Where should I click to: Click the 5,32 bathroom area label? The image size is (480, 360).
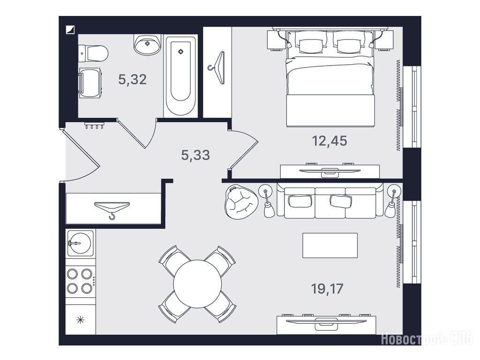(x=133, y=80)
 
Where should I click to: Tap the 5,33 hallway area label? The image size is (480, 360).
(x=195, y=155)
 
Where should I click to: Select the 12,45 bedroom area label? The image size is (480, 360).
(x=330, y=141)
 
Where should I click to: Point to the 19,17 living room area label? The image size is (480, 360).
(x=327, y=289)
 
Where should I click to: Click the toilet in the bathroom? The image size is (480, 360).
(x=93, y=53)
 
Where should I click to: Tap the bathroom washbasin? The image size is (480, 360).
(x=147, y=45)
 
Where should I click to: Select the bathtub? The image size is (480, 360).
(x=180, y=76)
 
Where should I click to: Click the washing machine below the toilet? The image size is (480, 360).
(x=90, y=83)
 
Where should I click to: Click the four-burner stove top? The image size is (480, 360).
(x=81, y=281)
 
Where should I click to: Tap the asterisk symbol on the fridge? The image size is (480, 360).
(x=81, y=320)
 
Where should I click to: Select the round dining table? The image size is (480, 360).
(x=197, y=284)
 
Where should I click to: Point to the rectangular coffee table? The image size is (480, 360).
(x=330, y=246)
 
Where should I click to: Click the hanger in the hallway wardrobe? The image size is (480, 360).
(x=112, y=210)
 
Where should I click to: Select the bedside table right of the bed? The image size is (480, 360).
(x=384, y=40)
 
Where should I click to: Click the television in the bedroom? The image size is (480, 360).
(x=330, y=171)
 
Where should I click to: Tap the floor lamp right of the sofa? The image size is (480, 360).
(x=392, y=202)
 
